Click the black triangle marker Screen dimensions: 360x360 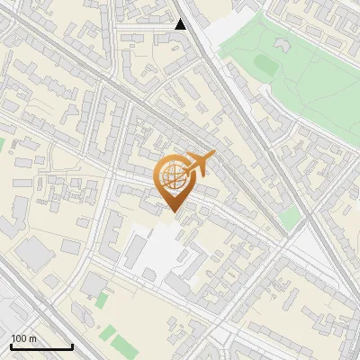click(181, 24)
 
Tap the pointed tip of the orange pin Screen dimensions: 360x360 click(173, 211)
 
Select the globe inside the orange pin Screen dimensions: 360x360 click(172, 176)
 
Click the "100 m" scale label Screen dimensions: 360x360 click(23, 338)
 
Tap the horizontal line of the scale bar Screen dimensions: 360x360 click(41, 346)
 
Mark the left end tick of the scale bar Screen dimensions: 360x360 click(11, 345)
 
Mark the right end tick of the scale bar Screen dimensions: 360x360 click(72, 345)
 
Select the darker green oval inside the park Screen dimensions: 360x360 click(265, 63)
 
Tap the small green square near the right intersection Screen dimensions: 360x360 click(289, 218)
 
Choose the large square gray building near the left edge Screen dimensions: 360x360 click(33, 254)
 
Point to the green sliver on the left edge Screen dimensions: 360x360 click(2, 144)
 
